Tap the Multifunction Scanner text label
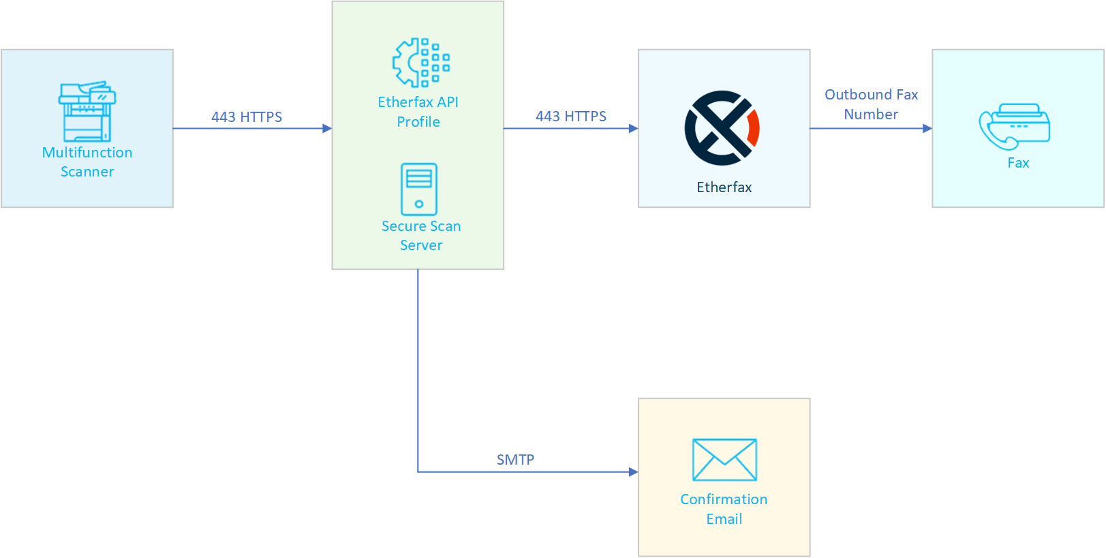tap(87, 162)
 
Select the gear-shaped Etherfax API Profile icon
tap(420, 63)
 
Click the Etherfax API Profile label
tap(418, 112)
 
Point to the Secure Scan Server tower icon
tap(419, 189)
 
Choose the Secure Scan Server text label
tap(421, 236)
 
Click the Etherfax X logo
tap(721, 128)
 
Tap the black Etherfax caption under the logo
tap(724, 187)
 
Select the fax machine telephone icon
tap(1015, 127)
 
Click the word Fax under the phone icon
tap(1018, 163)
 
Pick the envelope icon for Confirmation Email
tap(724, 460)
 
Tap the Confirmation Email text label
tap(724, 509)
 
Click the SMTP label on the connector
tap(515, 460)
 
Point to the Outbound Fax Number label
tap(871, 104)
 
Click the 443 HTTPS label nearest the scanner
tap(247, 117)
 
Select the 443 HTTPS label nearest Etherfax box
tap(571, 117)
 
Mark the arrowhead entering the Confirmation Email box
tap(633, 471)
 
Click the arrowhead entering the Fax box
tap(927, 128)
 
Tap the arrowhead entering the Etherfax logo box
tap(633, 128)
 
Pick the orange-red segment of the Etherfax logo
tap(754, 127)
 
